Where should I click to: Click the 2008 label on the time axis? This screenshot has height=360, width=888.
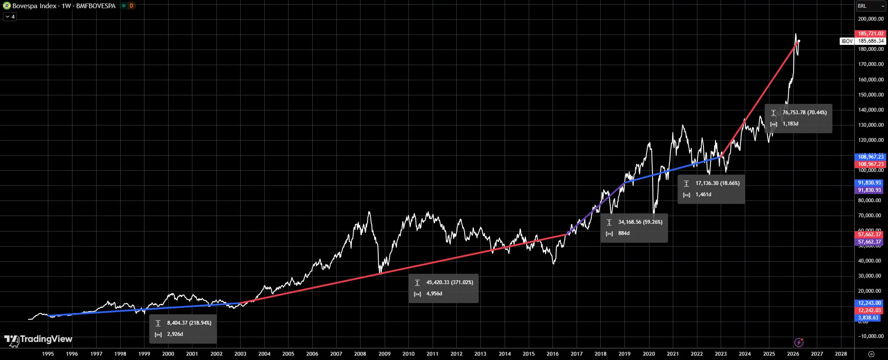(x=360, y=354)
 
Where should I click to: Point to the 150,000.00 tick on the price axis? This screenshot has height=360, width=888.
(x=871, y=94)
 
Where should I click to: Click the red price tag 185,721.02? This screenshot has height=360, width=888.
(x=870, y=34)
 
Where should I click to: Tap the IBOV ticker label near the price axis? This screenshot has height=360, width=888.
(x=847, y=41)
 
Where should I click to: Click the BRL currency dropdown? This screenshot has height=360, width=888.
(x=870, y=6)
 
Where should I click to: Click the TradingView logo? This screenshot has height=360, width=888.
(x=38, y=339)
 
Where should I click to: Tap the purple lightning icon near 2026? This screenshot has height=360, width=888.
(x=799, y=342)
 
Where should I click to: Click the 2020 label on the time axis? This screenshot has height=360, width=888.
(x=649, y=354)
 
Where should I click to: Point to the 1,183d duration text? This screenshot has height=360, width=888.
(x=790, y=124)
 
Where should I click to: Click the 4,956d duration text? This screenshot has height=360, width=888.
(x=434, y=294)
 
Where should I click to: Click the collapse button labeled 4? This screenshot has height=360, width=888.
(x=10, y=17)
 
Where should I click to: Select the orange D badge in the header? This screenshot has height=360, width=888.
(x=131, y=6)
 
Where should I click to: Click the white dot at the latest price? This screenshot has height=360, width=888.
(x=799, y=41)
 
